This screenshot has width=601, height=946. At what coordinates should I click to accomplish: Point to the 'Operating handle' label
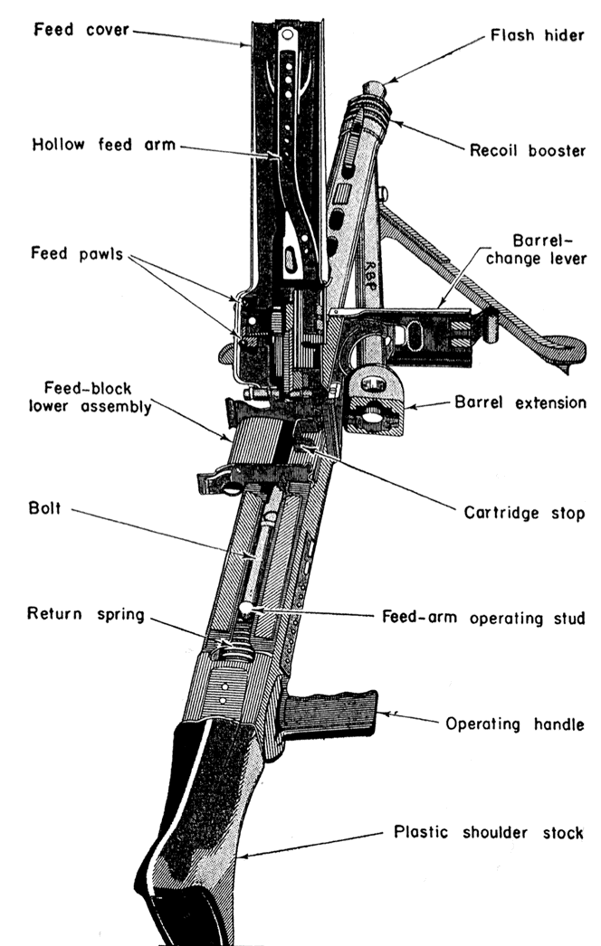point(508,724)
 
